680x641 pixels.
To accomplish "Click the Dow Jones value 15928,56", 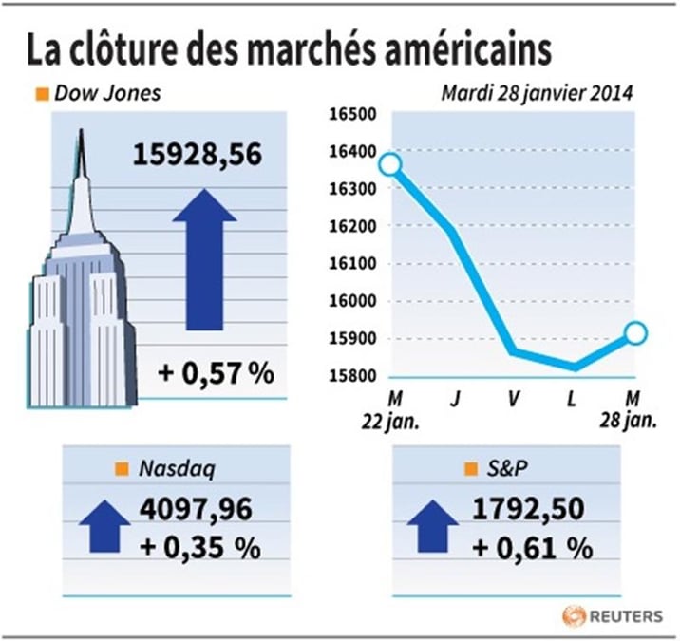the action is [198, 155].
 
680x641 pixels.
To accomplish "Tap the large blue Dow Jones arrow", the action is [205, 259].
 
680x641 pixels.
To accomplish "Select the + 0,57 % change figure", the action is [216, 372].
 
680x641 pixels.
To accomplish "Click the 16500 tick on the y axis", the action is [352, 115].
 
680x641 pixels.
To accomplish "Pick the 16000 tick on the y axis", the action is [352, 301].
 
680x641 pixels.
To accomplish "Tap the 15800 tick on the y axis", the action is [352, 376].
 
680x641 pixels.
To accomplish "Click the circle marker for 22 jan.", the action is [389, 164].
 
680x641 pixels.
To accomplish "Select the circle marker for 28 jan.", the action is [635, 333].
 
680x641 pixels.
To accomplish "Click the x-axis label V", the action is [514, 399].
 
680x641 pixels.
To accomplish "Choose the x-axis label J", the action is [455, 399].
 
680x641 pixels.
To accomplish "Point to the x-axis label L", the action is [572, 399].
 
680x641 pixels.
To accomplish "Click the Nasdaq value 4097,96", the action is [196, 509].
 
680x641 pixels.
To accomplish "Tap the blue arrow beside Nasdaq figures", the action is [104, 526].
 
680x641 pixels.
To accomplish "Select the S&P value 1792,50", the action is [528, 509].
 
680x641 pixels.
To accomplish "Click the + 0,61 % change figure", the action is [532, 548].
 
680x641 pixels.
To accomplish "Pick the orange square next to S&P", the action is [471, 469].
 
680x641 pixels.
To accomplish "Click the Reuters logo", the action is [613, 616].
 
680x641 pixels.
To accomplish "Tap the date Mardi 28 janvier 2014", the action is [537, 93].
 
